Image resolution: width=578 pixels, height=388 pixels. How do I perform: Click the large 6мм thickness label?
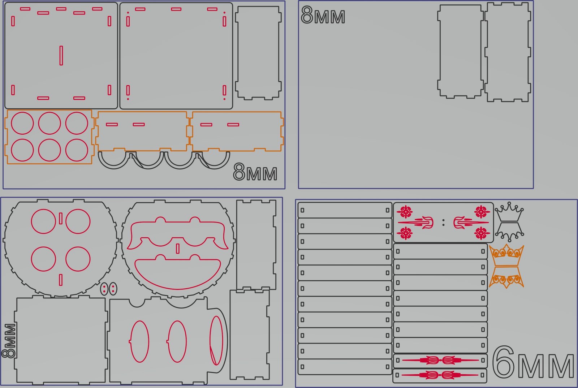[533, 362]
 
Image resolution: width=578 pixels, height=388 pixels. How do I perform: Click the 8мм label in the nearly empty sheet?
[323, 15]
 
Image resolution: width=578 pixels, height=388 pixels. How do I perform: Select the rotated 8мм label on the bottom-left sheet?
[9, 340]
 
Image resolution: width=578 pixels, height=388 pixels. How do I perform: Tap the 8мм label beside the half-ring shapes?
[255, 172]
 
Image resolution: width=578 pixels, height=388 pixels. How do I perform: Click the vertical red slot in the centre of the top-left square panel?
[61, 56]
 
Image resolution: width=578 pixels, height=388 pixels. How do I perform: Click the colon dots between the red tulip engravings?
[443, 223]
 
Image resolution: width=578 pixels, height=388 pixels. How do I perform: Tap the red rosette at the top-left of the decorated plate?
[406, 212]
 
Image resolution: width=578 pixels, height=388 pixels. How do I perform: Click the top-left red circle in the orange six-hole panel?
[22, 123]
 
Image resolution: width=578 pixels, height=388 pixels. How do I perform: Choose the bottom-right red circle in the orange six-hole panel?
[77, 150]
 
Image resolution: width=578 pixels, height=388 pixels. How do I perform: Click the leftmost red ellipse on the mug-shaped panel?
[139, 341]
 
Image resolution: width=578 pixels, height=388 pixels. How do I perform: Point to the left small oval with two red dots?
[104, 289]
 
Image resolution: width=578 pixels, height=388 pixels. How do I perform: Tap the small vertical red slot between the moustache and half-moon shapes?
[178, 249]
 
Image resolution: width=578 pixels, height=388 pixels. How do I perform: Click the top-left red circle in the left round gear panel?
[43, 221]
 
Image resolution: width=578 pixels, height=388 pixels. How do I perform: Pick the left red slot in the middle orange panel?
[112, 125]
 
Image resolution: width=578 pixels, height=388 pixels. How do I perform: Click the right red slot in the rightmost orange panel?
[233, 125]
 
